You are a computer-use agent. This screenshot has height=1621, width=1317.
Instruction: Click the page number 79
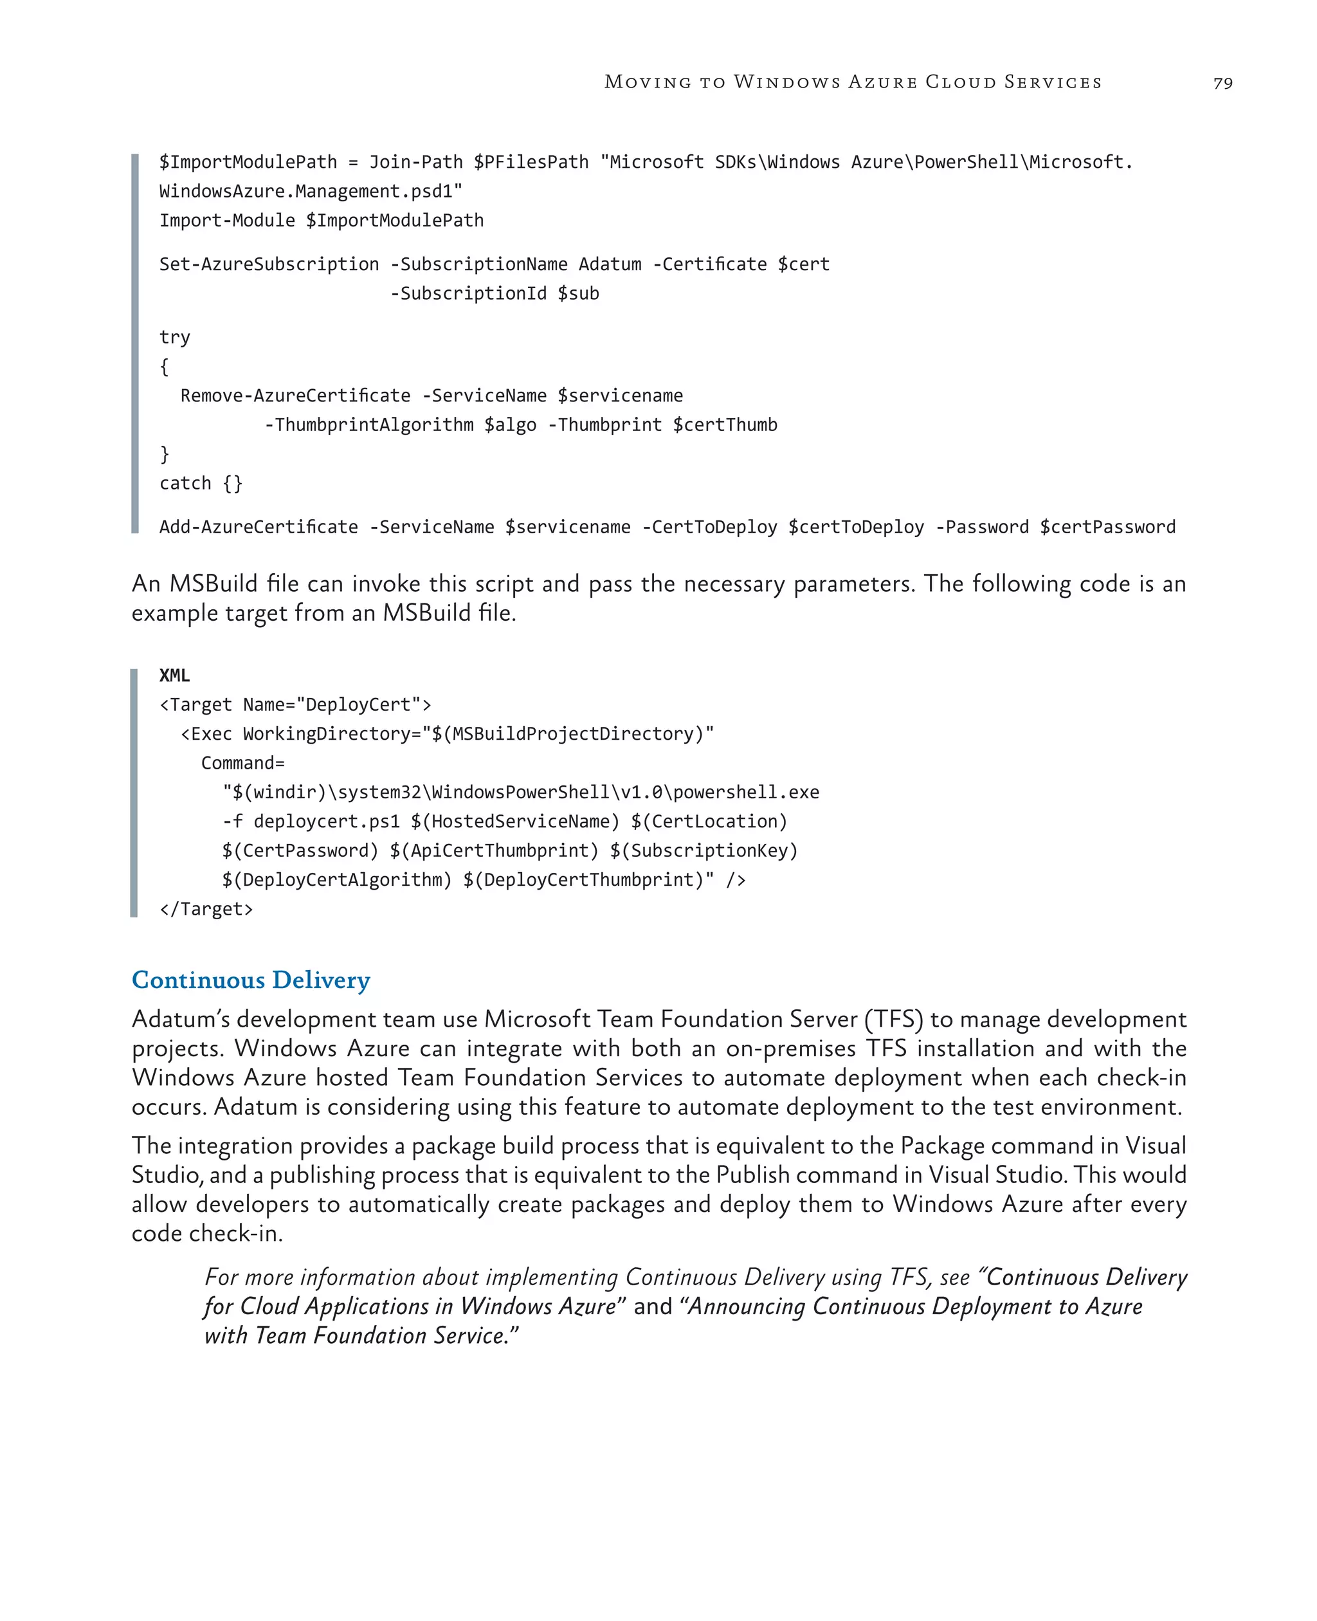tap(1222, 83)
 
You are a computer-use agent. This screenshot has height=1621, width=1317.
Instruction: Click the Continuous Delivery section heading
tap(251, 980)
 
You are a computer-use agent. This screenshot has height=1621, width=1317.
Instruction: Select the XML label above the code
tap(174, 675)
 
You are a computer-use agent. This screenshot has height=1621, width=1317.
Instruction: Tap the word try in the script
tap(174, 338)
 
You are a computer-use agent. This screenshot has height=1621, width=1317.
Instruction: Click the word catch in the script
tap(185, 484)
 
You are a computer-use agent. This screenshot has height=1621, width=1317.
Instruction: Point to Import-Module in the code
tap(227, 221)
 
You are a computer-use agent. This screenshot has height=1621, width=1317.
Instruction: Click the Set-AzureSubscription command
tap(269, 264)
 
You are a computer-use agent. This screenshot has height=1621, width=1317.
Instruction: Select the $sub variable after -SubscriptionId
tap(578, 294)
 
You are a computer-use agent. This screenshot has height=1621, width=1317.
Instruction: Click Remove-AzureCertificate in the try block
tap(295, 396)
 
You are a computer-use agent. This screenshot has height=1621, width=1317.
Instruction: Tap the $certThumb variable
tap(725, 425)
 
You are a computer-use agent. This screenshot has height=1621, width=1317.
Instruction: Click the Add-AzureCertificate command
tap(258, 527)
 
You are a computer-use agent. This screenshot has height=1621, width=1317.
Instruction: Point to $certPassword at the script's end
tap(1107, 527)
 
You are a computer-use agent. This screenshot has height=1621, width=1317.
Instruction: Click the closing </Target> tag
tap(206, 909)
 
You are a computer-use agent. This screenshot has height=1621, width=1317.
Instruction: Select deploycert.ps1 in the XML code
tap(326, 822)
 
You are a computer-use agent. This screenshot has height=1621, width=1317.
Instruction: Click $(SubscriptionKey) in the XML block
tap(704, 851)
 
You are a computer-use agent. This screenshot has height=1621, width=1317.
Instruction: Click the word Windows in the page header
tap(786, 82)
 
